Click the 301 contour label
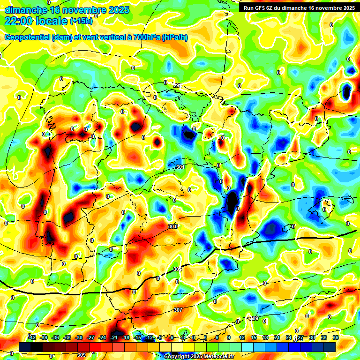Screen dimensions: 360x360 coord(180,167)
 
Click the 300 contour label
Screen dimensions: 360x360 coord(173,226)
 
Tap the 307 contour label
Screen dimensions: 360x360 coord(178,310)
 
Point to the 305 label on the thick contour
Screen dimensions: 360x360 coord(177,269)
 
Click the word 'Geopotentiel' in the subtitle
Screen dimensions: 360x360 coord(28,37)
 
